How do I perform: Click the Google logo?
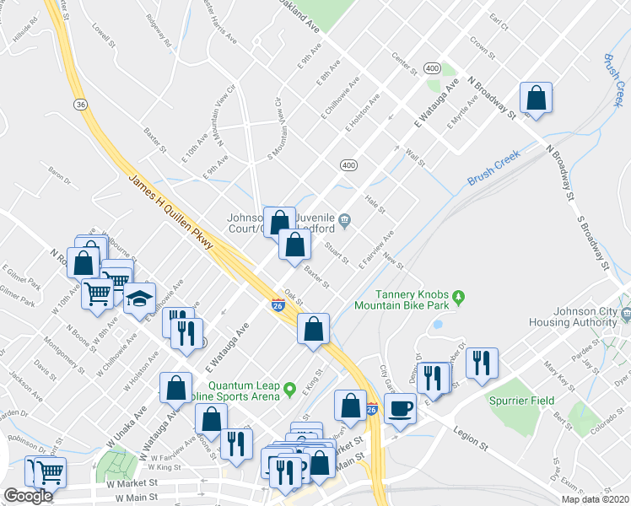[x=28, y=496]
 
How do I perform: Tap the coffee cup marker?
[x=400, y=409]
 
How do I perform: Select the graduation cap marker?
[x=139, y=299]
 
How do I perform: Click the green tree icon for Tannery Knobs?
[x=459, y=297]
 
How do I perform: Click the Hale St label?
[x=375, y=203]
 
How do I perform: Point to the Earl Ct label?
[x=499, y=21]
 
